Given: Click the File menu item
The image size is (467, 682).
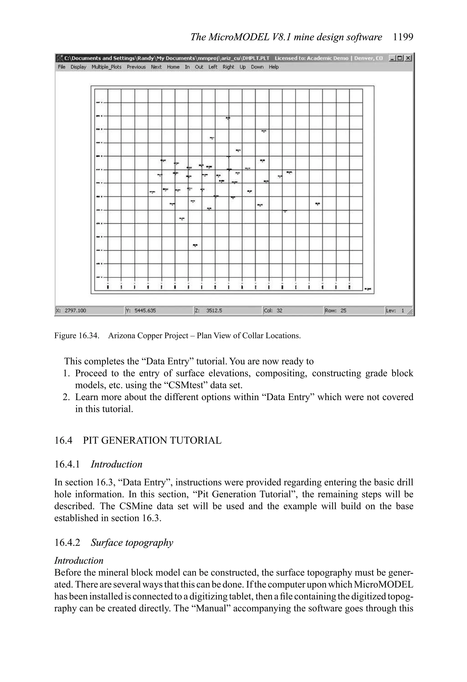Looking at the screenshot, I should click(62, 67).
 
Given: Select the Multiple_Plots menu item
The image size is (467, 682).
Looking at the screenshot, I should click(106, 67).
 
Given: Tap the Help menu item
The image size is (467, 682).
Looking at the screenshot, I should click(273, 67).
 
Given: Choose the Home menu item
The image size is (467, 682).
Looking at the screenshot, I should click(173, 67).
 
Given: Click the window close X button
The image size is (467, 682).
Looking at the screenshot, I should click(408, 58).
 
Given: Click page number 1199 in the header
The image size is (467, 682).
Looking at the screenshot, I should click(403, 37).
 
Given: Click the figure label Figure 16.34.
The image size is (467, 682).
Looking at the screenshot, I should click(76, 335).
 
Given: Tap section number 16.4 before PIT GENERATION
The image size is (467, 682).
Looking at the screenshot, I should click(63, 440).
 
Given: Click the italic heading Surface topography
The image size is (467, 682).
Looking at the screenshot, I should click(132, 542).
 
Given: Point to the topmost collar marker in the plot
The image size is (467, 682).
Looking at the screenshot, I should click(228, 118).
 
